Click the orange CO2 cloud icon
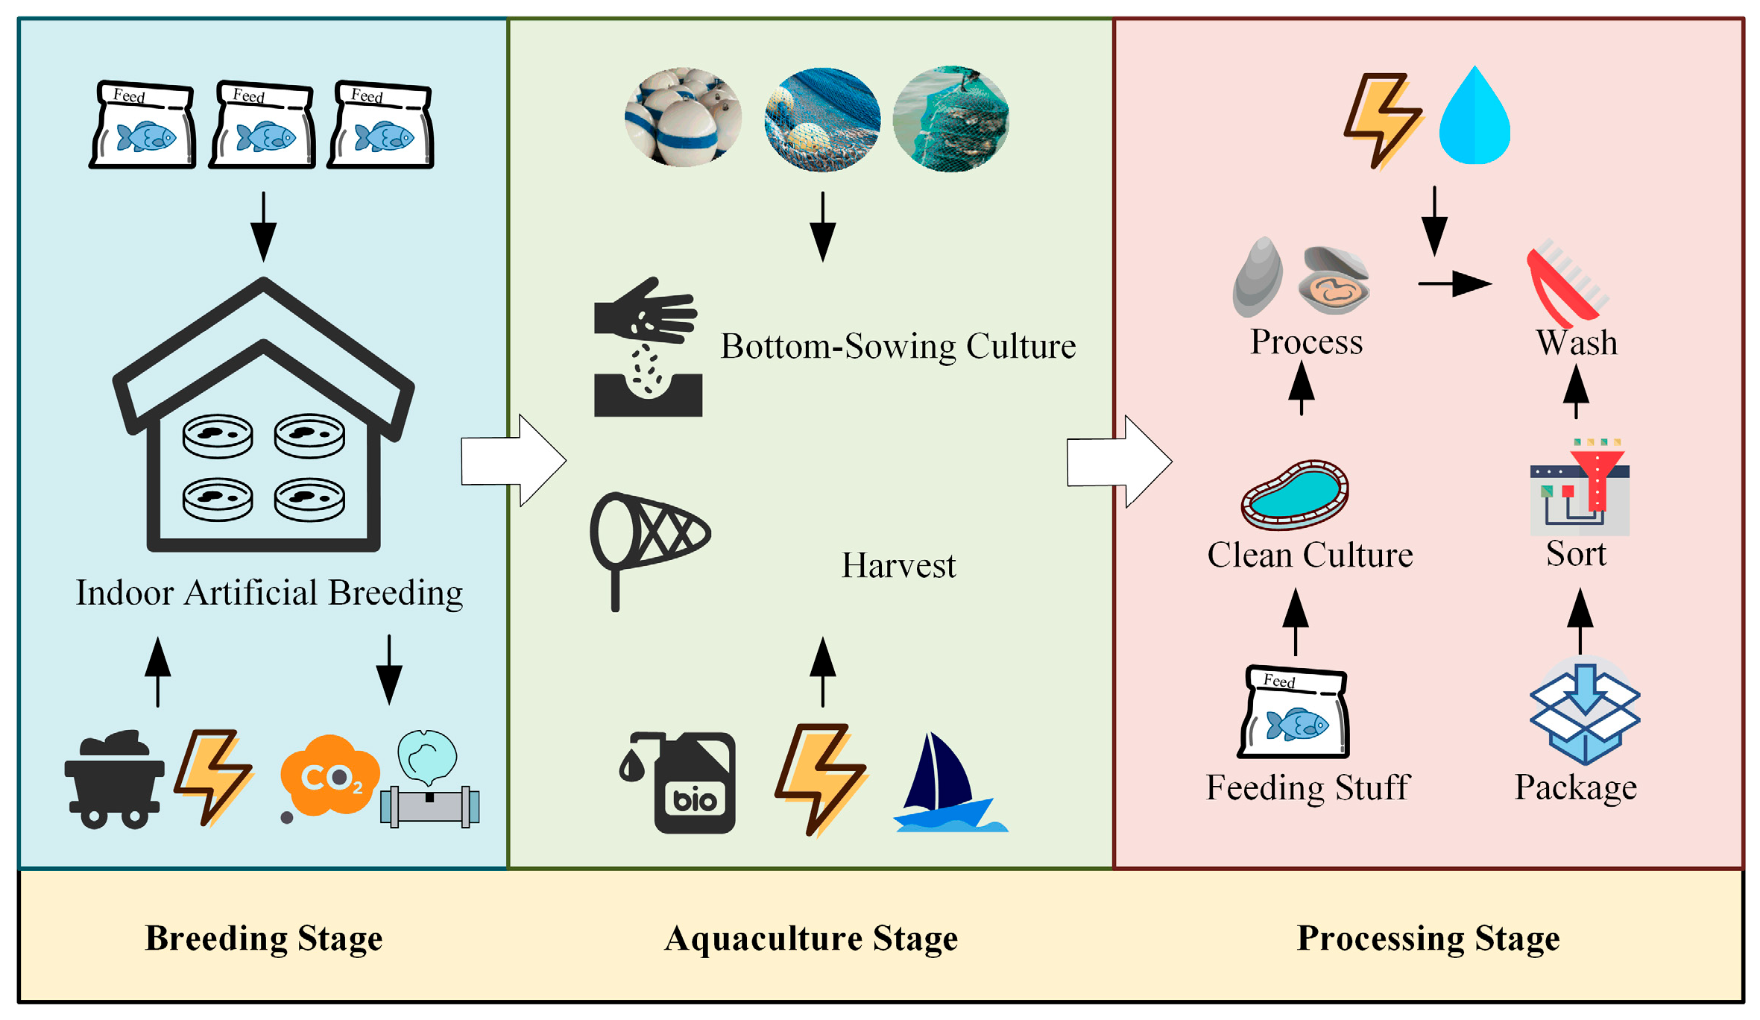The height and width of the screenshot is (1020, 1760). click(329, 775)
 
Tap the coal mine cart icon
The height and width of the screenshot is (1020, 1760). click(114, 780)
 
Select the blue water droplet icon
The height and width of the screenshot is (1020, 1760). click(1474, 118)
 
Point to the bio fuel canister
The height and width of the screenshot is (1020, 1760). click(686, 783)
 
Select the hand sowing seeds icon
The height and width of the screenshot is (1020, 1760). click(647, 347)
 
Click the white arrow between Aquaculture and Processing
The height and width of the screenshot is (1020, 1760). click(1118, 462)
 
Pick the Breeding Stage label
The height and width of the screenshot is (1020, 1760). click(264, 938)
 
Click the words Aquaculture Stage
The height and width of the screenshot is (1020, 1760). click(811, 938)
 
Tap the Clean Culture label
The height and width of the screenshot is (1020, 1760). click(1310, 555)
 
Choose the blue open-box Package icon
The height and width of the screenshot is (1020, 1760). click(1584, 712)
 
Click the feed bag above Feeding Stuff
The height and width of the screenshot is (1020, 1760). click(1294, 712)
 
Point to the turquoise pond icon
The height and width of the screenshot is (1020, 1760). click(1295, 494)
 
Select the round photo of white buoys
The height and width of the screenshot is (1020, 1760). click(683, 117)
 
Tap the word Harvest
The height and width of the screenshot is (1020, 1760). click(898, 565)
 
